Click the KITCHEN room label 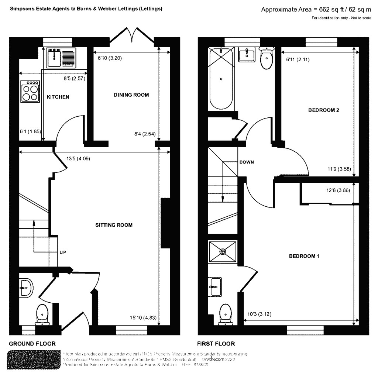[58, 97]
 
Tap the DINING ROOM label [131, 95]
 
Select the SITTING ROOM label [114, 225]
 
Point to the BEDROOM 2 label [323, 110]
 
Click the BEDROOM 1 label [304, 256]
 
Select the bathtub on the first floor [221, 78]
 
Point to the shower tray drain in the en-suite [223, 252]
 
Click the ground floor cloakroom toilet [43, 315]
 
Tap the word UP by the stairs [63, 253]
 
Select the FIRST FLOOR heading [216, 343]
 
